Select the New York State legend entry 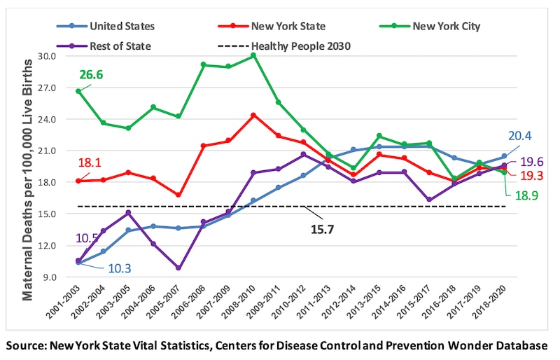click(287, 27)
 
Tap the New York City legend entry click(446, 27)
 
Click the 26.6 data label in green click(90, 74)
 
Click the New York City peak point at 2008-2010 click(254, 55)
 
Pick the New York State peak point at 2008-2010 click(254, 115)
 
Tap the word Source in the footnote click(27, 345)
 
